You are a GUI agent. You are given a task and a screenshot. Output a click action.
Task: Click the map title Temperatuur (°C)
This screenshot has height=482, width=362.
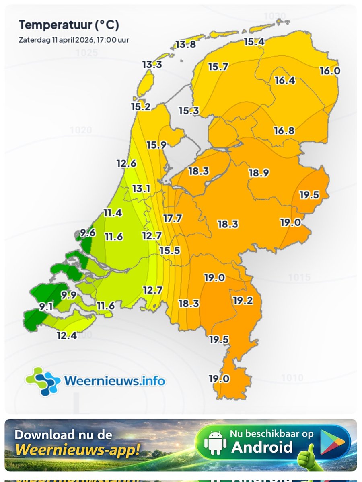pos(69,25)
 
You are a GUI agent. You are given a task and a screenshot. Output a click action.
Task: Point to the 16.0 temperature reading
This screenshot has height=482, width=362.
pos(330,71)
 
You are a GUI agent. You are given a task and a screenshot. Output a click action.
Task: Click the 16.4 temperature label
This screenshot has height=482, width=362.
pos(285,80)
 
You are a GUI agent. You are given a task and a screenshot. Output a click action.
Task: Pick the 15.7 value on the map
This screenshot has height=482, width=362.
pos(218,67)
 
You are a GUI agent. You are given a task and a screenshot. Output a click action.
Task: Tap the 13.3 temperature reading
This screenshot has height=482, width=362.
pos(152,64)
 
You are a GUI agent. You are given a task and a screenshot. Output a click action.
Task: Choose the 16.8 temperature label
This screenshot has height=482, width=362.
pos(284,131)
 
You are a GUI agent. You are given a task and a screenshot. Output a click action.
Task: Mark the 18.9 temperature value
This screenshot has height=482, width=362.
pos(259,173)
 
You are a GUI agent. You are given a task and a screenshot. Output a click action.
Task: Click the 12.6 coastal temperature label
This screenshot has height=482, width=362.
pos(126,163)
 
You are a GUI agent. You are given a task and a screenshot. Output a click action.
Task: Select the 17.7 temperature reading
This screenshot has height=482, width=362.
pos(173,219)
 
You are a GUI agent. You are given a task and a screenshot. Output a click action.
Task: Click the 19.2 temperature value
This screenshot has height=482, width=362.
pos(243,300)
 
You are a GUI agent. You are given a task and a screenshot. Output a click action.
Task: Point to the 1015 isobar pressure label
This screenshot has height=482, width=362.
pos(299,278)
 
